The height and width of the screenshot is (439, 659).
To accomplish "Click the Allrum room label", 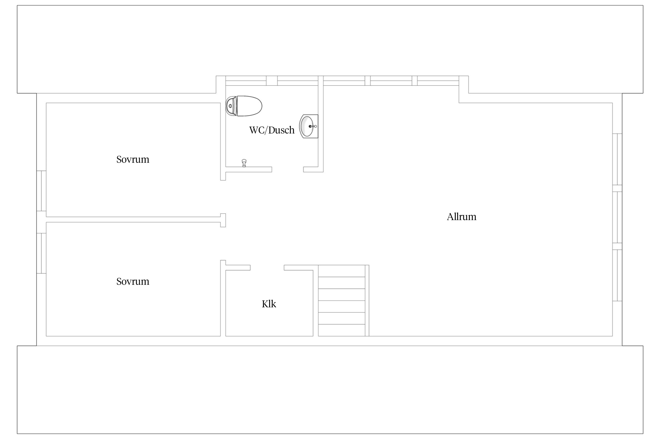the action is pos(462,217).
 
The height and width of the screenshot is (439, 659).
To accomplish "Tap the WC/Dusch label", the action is pos(272,130).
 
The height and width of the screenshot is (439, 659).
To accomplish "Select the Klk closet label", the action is pos(269,304).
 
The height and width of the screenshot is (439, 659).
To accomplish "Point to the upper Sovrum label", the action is pos(133,159).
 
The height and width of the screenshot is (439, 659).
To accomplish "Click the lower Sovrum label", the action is pos(133,281).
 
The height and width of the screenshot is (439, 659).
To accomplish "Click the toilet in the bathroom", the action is pos(244,106).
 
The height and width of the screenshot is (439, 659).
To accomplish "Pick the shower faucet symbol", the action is pos(244,163).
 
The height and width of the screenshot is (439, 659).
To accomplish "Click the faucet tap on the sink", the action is pos(313,126).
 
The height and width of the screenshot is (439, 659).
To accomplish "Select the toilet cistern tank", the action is pos(231,106).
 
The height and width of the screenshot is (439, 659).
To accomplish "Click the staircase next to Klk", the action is pos(344,301).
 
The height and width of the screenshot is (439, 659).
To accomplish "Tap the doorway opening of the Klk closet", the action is pos(267,267).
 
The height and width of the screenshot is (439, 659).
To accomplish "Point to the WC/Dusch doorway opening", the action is pos(288,169).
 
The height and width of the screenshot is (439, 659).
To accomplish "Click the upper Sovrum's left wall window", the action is pos(41,191).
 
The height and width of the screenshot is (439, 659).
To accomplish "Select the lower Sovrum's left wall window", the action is pos(41,253).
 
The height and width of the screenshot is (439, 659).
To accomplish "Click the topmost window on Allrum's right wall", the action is pos(617,159).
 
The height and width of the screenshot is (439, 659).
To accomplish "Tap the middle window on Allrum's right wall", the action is pos(617,217).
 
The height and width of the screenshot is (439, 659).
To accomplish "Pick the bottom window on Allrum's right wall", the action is pos(617,275).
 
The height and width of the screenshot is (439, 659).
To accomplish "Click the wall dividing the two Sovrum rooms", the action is pos(133,220).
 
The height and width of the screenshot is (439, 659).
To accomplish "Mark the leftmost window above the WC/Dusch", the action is pos(246,81).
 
